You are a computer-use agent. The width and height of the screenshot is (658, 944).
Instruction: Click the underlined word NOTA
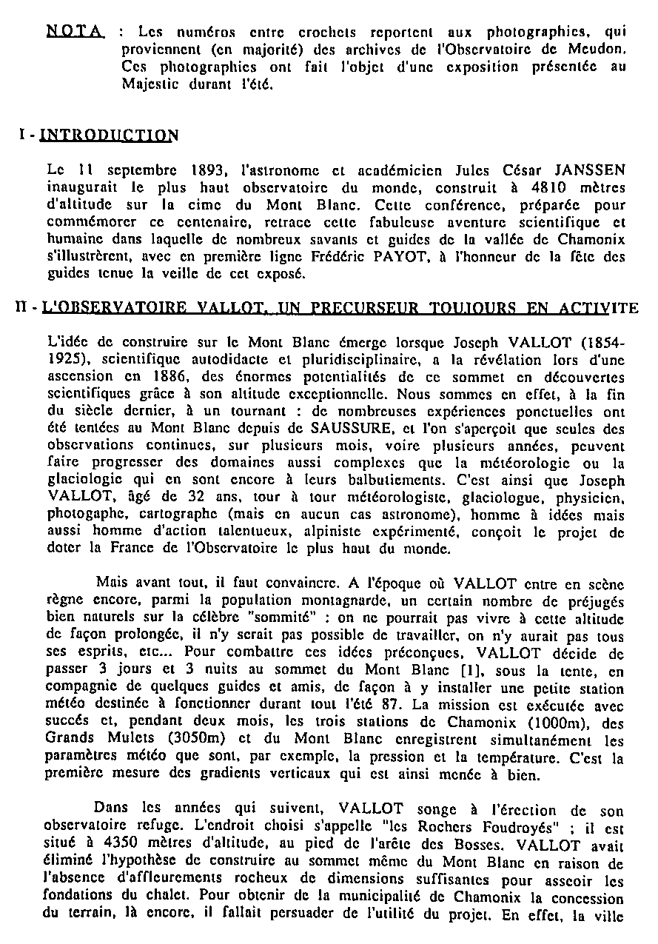[x=74, y=32]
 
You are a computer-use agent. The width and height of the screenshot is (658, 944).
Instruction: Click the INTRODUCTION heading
[x=108, y=135]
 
